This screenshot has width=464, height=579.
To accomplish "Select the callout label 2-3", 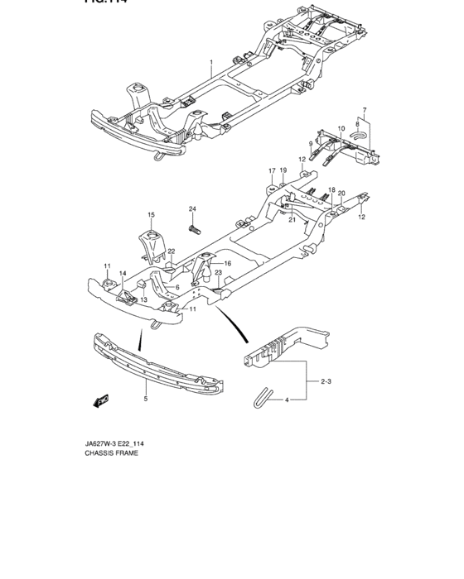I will coord(328,381).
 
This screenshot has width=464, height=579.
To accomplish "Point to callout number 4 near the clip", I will coord(288,400).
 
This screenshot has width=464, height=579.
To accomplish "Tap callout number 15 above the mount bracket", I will coord(152,215).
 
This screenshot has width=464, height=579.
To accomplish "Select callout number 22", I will coord(172,251).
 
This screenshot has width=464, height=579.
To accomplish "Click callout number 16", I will coord(227,262).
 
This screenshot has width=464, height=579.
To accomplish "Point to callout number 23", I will coord(218,273).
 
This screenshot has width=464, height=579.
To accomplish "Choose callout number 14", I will coord(122,274).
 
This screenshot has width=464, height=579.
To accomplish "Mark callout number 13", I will coord(143,299).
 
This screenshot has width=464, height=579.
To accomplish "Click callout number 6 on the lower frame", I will coord(177,287).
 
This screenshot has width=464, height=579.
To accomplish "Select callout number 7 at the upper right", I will coord(363,109).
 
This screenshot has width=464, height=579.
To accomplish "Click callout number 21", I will coord(292,220).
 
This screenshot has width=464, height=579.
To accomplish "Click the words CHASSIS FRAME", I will coord(111,453).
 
